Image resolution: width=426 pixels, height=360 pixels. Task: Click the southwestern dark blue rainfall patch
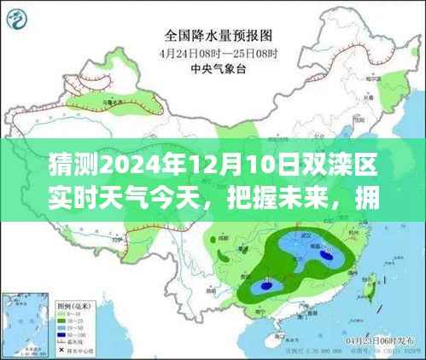point(264,286)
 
